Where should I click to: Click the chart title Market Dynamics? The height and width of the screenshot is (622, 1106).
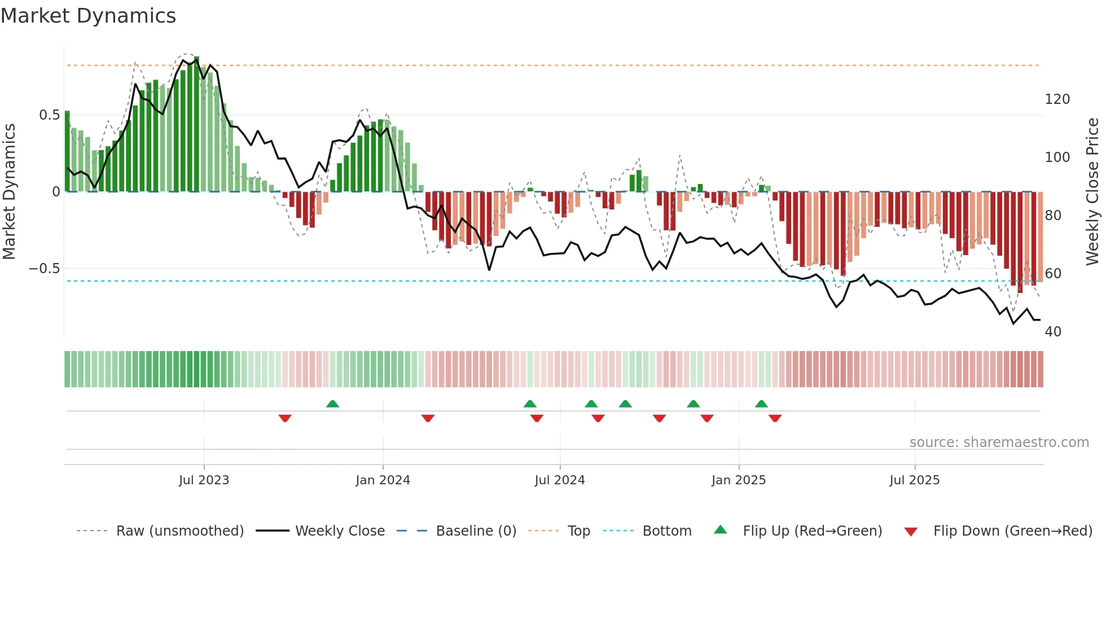[x=88, y=16]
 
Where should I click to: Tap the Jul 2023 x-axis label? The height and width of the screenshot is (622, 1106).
[x=204, y=480]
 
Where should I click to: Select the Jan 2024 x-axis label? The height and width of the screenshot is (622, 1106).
[x=383, y=480]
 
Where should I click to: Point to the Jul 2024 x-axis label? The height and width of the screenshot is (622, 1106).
[x=559, y=480]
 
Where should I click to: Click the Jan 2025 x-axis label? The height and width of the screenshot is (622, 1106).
[x=738, y=480]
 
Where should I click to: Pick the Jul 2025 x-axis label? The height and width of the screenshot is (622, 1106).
[x=914, y=480]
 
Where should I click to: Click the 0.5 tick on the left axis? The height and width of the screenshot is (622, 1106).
[x=49, y=115]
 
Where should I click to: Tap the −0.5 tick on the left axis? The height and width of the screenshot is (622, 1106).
[x=44, y=269]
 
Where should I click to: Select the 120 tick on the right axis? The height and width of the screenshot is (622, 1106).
[x=1057, y=99]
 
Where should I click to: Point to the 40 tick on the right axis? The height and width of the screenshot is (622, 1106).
[x=1053, y=332]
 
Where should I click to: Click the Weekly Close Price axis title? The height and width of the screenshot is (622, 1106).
[x=1092, y=192]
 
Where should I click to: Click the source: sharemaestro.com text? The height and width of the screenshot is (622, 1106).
[x=999, y=443]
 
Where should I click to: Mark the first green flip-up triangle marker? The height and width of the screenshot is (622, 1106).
[x=332, y=404]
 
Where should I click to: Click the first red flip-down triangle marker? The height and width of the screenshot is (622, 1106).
[x=285, y=418]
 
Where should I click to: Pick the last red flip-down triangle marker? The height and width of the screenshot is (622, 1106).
[x=775, y=418]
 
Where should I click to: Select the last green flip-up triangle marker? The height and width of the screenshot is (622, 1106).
[x=761, y=404]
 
